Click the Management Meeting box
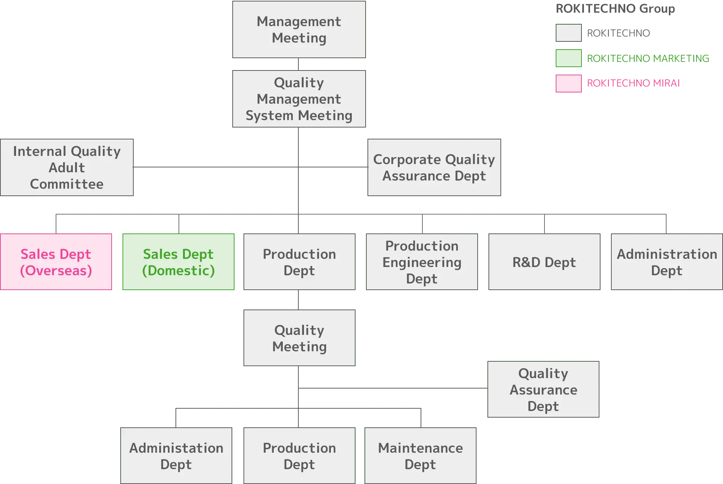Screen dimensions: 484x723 [x=299, y=30]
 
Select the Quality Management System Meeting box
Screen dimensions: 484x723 [x=299, y=99]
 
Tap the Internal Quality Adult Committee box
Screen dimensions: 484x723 [x=67, y=167]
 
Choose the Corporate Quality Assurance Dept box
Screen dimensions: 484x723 [x=434, y=167]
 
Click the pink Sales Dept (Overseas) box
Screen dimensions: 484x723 [x=56, y=262]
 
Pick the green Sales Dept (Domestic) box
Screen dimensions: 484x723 [x=179, y=262]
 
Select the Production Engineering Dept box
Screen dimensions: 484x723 [x=422, y=262]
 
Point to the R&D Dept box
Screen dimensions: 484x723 [x=544, y=262]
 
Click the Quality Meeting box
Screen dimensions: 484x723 [x=299, y=338]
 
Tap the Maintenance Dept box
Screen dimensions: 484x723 [x=421, y=456]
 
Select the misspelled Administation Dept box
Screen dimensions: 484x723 [x=176, y=456]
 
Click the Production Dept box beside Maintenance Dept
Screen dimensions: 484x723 [x=299, y=456]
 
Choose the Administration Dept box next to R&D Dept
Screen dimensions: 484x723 [x=667, y=262]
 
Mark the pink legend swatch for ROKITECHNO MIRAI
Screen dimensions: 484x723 [x=569, y=83]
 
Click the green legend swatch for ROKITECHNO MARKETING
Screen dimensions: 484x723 [x=569, y=58]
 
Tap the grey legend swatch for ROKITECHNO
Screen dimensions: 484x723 [x=569, y=33]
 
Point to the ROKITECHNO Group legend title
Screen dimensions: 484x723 [x=615, y=9]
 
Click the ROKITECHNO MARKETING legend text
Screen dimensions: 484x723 [x=648, y=58]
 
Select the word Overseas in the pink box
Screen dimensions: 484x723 [x=56, y=271]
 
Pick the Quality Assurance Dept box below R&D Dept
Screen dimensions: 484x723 [x=543, y=389]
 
